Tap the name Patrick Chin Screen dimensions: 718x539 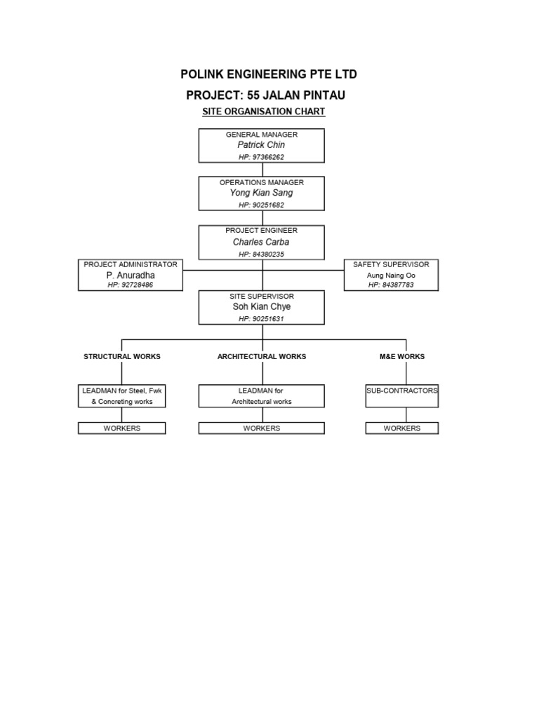pyautogui.click(x=261, y=145)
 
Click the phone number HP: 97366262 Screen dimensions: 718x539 pyautogui.click(x=261, y=157)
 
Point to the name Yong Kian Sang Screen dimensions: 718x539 pyautogui.click(x=261, y=193)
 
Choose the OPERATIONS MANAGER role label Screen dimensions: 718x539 pyautogui.click(x=261, y=182)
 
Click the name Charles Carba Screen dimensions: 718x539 pyautogui.click(x=261, y=242)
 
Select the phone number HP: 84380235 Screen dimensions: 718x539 pyautogui.click(x=261, y=254)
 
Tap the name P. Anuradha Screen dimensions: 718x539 pyautogui.click(x=130, y=276)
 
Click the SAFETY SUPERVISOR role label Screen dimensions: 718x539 pyautogui.click(x=391, y=264)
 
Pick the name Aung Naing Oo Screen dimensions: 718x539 pyautogui.click(x=391, y=276)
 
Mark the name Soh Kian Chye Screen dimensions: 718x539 pyautogui.click(x=261, y=307)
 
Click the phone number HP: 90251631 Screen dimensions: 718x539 pyautogui.click(x=261, y=319)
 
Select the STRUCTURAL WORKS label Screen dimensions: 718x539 pyautogui.click(x=122, y=356)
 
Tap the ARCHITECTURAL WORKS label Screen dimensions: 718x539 pyautogui.click(x=261, y=356)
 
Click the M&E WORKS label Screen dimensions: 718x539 pyautogui.click(x=402, y=356)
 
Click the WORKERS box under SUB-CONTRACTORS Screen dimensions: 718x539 pyautogui.click(x=402, y=428)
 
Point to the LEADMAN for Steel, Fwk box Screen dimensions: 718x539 pyautogui.click(x=122, y=395)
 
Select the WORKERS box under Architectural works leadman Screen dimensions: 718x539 pyautogui.click(x=261, y=428)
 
